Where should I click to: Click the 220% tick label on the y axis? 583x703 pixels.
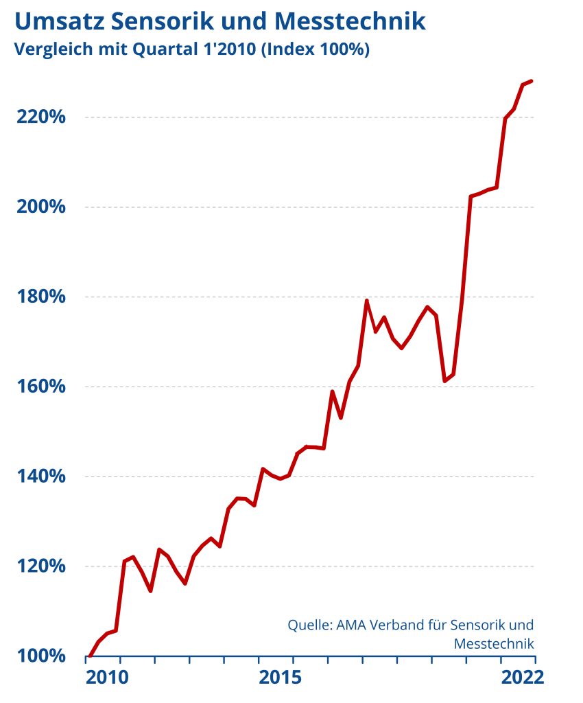(x=40, y=117)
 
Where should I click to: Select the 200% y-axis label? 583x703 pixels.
(x=40, y=207)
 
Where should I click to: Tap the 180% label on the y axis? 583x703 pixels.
(x=40, y=297)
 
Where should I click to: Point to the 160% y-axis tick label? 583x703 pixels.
(x=40, y=387)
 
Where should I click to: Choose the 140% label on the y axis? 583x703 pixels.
(x=40, y=476)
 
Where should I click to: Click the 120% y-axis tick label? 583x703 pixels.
(x=40, y=566)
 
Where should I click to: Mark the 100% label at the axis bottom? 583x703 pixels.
(x=40, y=656)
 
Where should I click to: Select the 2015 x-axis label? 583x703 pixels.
(x=279, y=678)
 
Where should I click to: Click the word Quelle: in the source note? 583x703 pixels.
(x=310, y=625)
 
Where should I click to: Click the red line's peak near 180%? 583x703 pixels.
(x=367, y=300)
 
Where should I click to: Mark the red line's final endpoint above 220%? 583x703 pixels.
(x=532, y=81)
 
